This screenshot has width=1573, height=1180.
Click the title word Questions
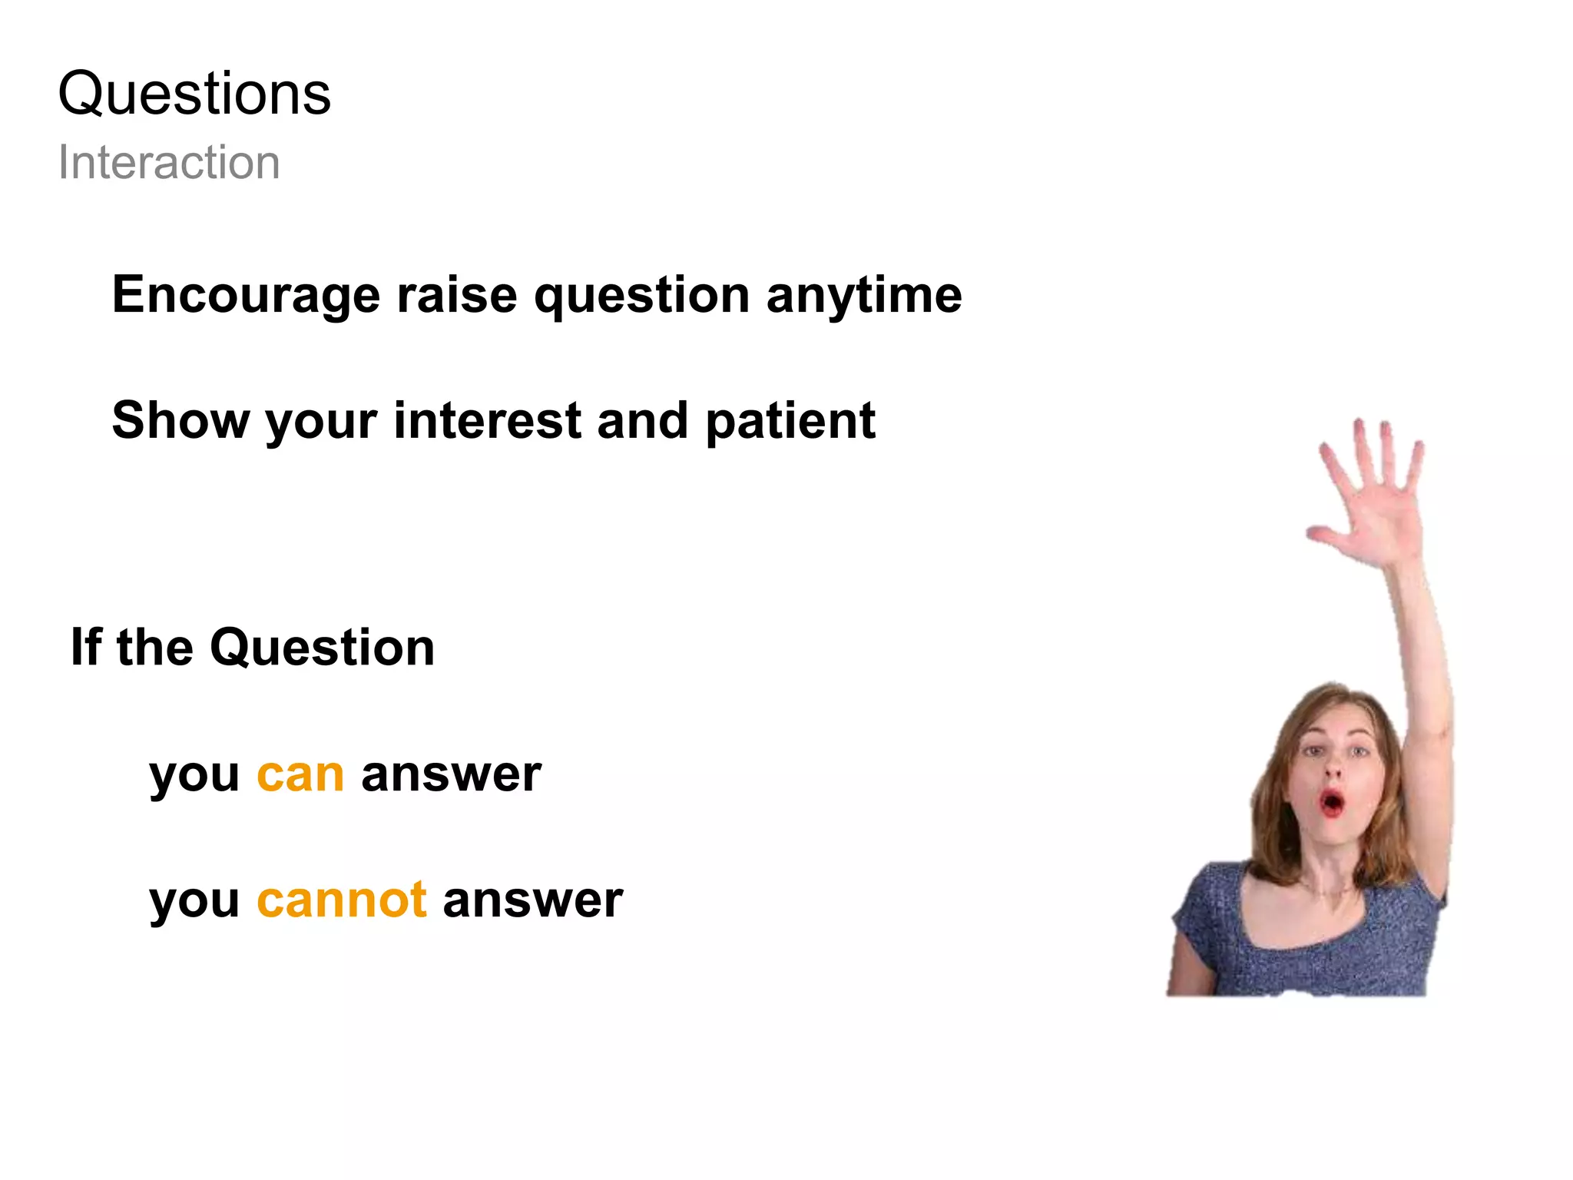coord(194,94)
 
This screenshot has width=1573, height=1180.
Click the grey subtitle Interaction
coord(169,163)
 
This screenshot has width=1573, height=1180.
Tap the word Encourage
coord(246,296)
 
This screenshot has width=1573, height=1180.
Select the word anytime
coord(863,296)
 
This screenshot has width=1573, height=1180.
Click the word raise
coord(456,296)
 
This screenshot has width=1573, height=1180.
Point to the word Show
coord(180,421)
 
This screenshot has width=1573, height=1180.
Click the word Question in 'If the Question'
coord(322,648)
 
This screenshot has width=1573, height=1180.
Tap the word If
coord(85,648)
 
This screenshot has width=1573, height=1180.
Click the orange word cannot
coord(341,900)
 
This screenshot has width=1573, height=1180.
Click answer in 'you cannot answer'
coord(532,900)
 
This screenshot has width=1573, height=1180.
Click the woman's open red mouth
coord(1332,803)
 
